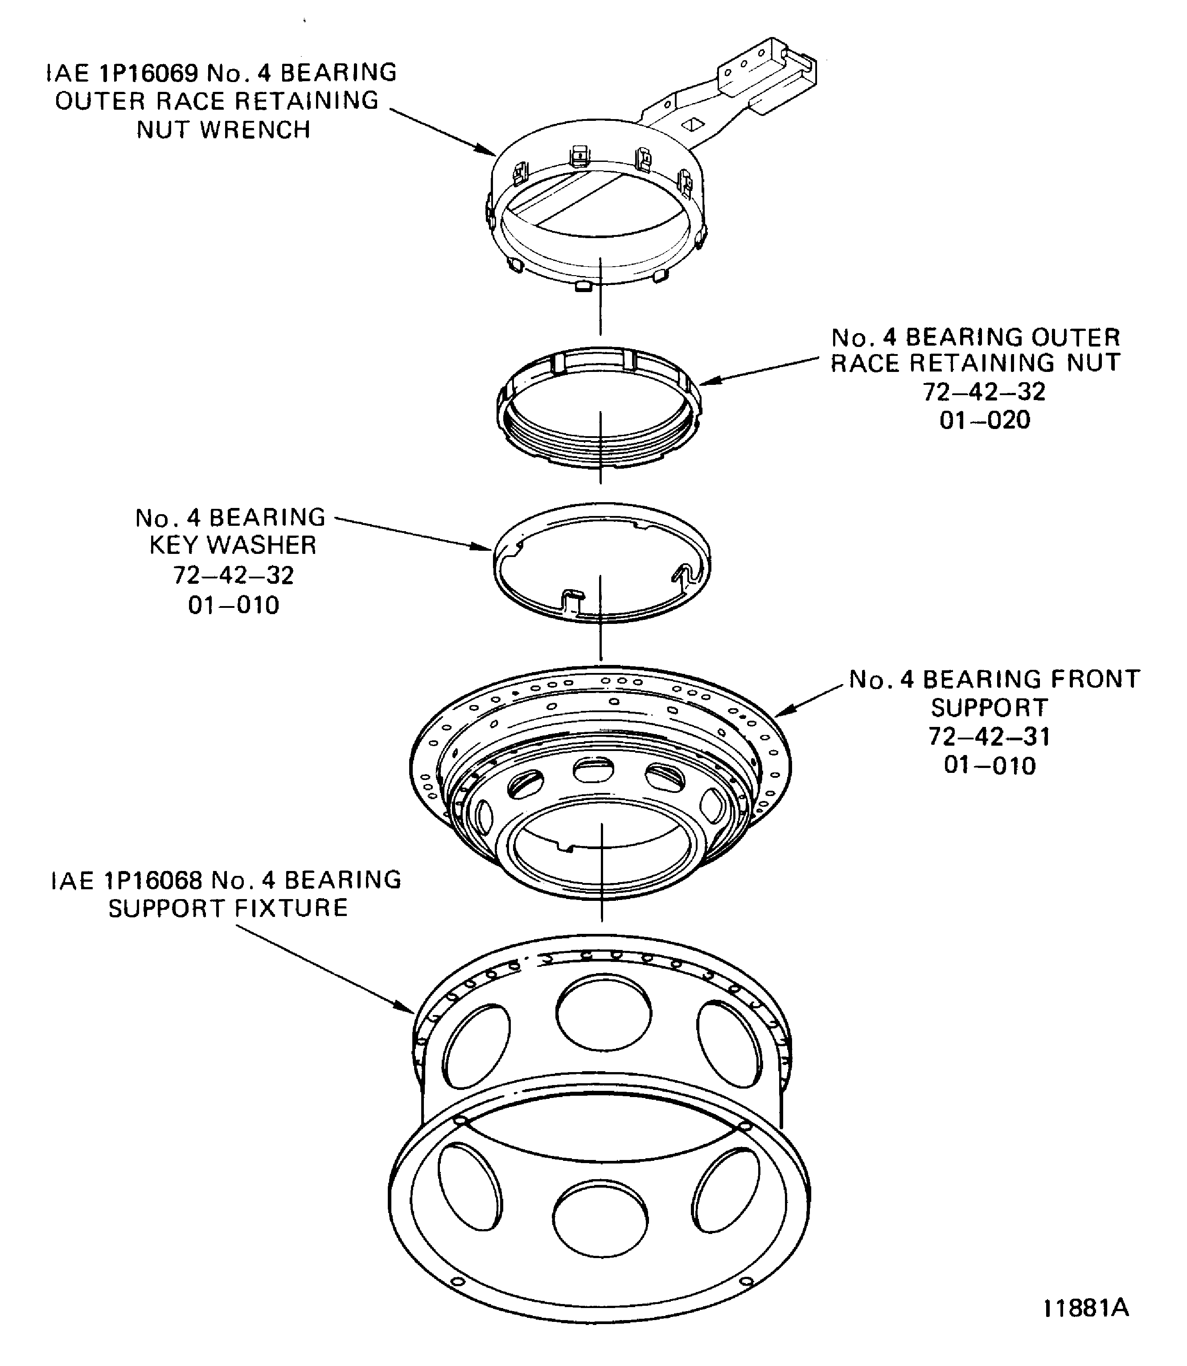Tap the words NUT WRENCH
tap(223, 130)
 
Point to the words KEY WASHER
tap(233, 545)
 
